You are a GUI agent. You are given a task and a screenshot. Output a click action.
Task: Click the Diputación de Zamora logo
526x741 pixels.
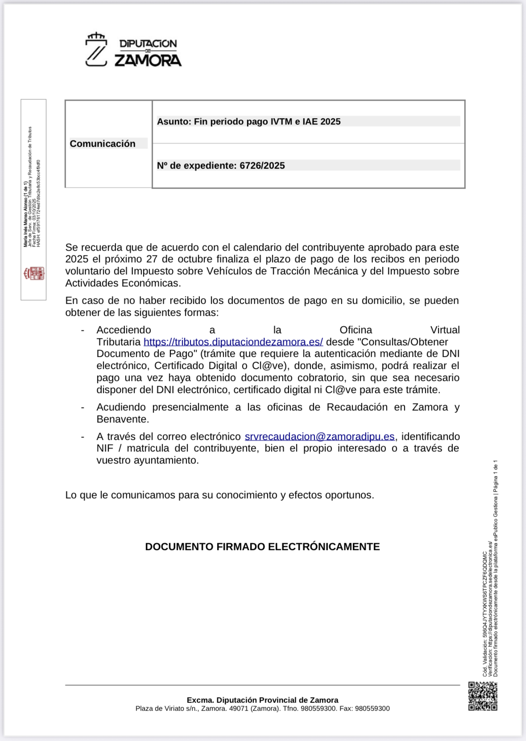click(x=133, y=50)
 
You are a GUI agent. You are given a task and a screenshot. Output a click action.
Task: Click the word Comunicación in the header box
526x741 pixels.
click(x=103, y=144)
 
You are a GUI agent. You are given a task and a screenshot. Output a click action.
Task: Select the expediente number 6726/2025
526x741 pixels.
click(x=262, y=166)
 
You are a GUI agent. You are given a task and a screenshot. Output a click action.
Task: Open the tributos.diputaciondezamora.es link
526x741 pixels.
click(x=233, y=342)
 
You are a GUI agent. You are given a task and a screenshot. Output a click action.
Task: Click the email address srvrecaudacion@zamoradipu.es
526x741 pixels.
click(x=319, y=437)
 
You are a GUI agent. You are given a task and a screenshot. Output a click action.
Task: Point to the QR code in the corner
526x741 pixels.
click(x=482, y=696)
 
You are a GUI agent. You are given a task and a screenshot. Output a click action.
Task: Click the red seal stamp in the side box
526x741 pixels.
click(x=34, y=273)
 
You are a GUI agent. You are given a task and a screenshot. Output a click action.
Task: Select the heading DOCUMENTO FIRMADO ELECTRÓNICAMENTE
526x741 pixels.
click(x=262, y=547)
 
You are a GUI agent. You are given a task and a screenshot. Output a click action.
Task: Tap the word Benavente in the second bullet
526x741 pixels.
click(x=122, y=419)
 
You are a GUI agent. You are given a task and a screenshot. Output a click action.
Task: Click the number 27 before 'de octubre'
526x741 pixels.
click(x=152, y=259)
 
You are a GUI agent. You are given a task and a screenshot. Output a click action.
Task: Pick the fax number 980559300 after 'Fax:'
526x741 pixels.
click(x=372, y=708)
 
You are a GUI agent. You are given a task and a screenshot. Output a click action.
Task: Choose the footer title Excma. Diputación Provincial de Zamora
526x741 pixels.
click(x=262, y=700)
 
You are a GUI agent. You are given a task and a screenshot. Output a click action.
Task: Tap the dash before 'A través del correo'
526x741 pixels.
click(x=83, y=437)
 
